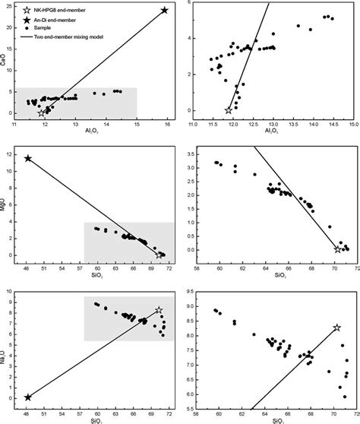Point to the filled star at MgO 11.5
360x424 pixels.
28,158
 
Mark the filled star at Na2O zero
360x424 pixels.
28,397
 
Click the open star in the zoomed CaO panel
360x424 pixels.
229,110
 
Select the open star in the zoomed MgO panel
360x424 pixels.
338,249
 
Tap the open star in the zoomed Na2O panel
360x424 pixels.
336,327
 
